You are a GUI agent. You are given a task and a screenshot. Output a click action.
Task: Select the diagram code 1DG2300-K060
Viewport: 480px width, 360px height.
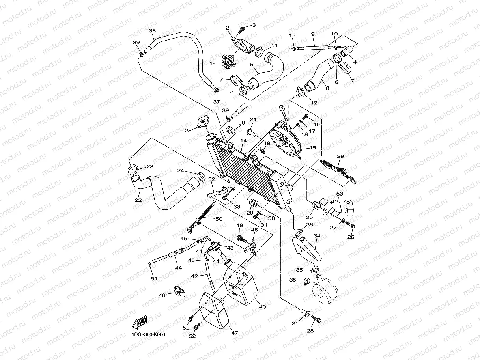(x=149, y=335)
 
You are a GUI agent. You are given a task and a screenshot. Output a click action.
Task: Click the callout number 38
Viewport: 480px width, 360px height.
(x=152, y=31)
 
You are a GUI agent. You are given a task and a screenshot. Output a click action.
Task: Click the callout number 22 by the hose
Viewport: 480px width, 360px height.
(x=138, y=200)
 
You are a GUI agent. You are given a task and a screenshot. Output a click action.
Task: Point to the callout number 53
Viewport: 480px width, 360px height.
(x=340, y=194)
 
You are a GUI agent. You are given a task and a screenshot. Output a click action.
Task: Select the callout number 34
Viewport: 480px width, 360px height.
(x=317, y=236)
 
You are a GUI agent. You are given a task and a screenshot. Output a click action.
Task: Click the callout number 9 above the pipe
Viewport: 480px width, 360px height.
(x=312, y=34)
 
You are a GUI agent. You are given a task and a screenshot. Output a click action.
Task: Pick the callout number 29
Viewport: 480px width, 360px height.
(x=340, y=156)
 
